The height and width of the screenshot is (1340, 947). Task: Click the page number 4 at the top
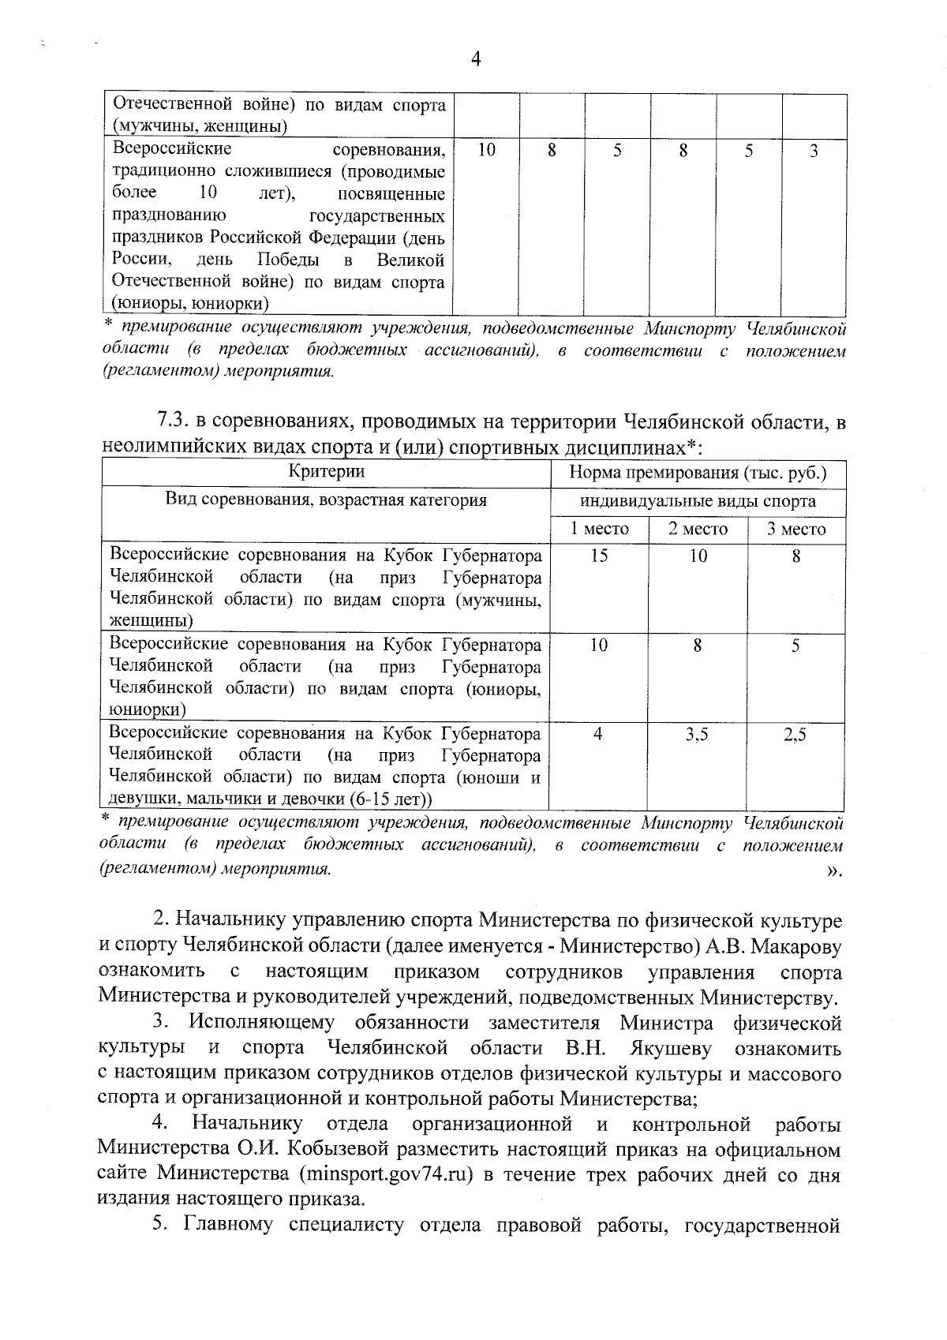(475, 60)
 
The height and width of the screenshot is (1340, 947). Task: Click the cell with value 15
(599, 556)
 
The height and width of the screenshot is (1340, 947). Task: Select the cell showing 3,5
(697, 735)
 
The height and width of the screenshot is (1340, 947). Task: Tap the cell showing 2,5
(795, 735)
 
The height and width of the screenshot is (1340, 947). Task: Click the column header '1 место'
(600, 530)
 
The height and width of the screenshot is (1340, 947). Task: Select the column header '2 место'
(698, 530)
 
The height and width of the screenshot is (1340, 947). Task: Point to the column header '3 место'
(796, 530)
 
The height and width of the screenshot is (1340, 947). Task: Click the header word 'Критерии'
(327, 473)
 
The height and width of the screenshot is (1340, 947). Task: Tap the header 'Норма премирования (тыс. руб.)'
(698, 473)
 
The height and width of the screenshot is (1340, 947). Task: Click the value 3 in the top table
(814, 150)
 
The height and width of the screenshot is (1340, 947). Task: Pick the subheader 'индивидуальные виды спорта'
(698, 501)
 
